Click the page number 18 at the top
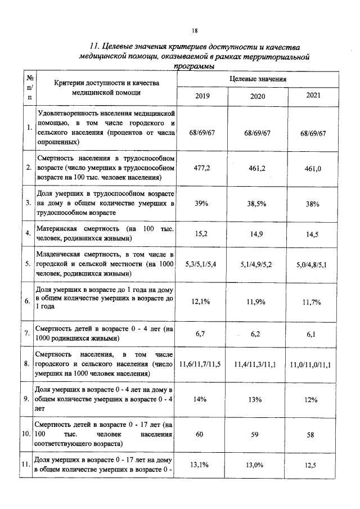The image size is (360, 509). tap(195, 30)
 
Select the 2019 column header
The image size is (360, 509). tap(202, 96)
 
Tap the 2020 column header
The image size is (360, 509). tap(258, 96)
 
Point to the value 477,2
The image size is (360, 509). tap(202, 168)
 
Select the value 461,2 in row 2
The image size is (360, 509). tap(258, 168)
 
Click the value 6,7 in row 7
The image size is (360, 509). tap(202, 334)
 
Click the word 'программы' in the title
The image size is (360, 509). tap(195, 66)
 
